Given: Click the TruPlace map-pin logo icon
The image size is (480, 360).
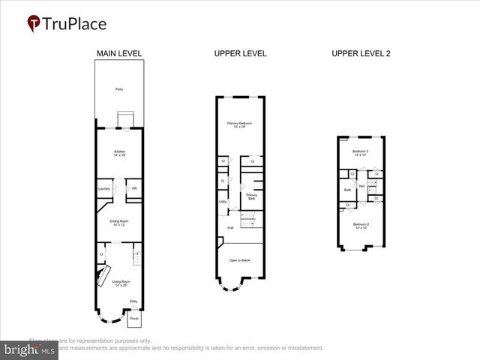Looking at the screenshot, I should click(34, 24).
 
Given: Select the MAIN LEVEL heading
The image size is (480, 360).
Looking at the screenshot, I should click(119, 53).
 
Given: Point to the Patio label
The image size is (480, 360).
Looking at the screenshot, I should click(119, 89).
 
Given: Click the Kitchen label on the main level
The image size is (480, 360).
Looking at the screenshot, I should click(119, 152).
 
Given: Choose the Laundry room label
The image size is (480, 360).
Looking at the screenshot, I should click(104, 188).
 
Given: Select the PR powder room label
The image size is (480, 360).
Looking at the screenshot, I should click(134, 188).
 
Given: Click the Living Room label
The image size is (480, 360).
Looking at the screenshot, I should click(121, 283).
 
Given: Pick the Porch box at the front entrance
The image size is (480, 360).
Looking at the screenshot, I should click(134, 318).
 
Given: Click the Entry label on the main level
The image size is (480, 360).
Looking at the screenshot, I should click(133, 301).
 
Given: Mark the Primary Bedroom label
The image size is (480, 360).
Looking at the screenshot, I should click(239, 124).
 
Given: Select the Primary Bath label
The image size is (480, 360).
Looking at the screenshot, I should click(252, 196).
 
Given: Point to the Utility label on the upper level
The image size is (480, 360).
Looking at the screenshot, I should click(223, 201).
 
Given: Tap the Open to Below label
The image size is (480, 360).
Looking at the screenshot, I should click(239, 260).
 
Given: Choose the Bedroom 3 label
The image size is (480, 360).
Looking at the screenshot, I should click(361, 153).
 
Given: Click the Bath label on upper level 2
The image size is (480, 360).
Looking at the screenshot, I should click(347, 190).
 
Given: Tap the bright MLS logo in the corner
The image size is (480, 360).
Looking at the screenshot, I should click(30, 349).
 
